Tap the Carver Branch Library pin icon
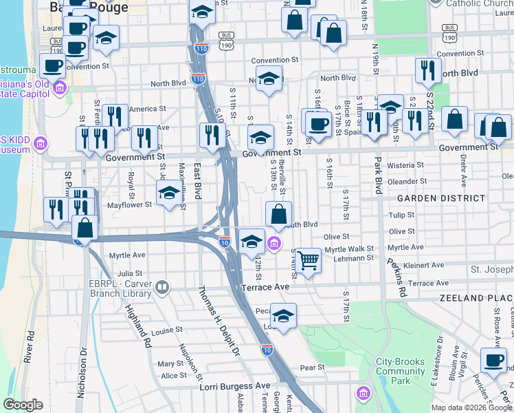162,287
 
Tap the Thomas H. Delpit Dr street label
219,321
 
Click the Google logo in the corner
23,405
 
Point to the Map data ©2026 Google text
471,407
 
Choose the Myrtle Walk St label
349,248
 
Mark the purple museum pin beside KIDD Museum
41,143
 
